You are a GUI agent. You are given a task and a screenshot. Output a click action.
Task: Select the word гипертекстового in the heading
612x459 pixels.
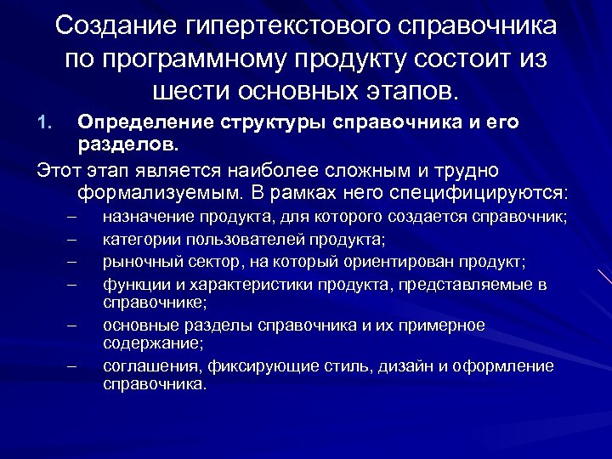pyautogui.click(x=282, y=26)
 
